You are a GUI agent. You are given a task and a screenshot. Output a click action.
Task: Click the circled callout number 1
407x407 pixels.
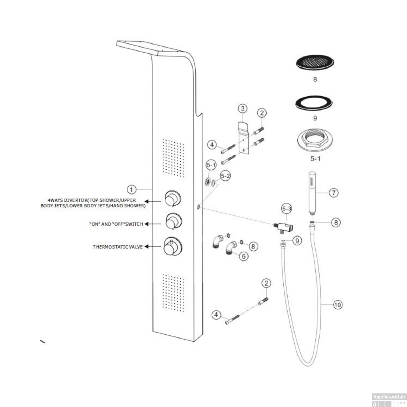132,189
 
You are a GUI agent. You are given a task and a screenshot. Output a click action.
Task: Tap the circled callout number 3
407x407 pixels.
243,109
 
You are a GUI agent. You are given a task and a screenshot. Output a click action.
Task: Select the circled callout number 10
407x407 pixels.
338,305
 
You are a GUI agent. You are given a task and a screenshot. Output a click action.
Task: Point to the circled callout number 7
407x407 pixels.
334,193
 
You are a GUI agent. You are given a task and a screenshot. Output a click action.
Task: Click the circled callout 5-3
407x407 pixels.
287,209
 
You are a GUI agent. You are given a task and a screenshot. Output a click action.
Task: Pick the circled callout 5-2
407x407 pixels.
225,176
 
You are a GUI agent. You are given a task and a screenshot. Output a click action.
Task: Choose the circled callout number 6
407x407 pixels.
244,256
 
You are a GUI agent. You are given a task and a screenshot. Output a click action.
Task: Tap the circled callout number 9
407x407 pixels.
297,240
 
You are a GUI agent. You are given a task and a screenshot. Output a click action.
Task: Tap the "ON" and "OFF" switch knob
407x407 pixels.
173,222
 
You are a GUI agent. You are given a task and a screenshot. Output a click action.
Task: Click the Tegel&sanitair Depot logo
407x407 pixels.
389,400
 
